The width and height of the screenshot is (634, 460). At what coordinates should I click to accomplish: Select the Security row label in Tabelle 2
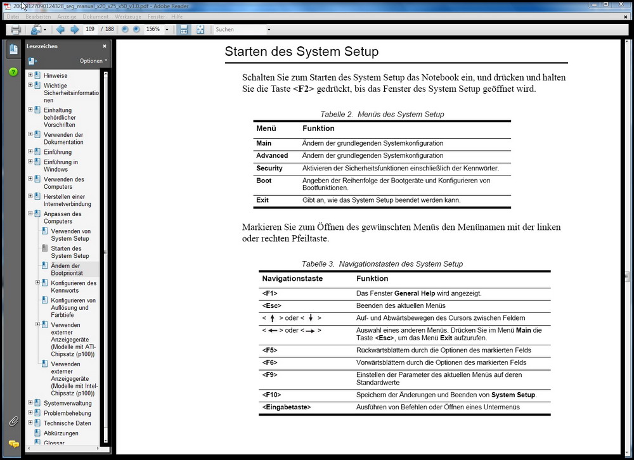[x=269, y=169]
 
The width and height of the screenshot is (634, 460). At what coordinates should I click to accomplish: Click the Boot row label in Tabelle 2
[x=264, y=181]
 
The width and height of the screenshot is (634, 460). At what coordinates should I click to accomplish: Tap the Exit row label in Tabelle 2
[x=262, y=200]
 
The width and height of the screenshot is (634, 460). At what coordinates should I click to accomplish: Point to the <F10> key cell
[x=271, y=395]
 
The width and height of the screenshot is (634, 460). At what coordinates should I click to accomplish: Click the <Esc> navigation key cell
[x=271, y=306]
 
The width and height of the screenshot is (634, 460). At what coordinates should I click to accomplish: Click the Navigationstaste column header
[x=292, y=278]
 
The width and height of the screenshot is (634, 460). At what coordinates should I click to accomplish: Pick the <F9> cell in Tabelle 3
[x=269, y=374]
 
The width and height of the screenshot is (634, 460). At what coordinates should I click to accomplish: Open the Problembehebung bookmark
[x=67, y=413]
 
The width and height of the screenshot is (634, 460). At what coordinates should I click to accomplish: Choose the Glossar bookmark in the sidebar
[x=54, y=443]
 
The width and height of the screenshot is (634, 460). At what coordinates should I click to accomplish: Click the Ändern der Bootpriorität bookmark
[x=66, y=269]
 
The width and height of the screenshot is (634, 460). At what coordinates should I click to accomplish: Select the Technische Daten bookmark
[x=67, y=423]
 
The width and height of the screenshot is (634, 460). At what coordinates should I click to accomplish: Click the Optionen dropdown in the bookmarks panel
[x=93, y=61]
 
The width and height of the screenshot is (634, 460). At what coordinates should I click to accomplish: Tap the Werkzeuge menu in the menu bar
[x=128, y=16]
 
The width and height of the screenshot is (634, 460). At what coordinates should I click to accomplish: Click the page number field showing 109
[x=91, y=29]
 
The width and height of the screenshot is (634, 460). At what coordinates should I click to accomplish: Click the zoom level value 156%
[x=153, y=29]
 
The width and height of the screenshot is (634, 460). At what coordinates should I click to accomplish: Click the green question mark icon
[x=13, y=72]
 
